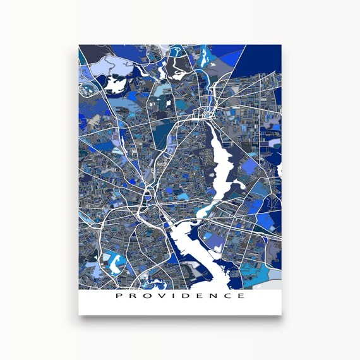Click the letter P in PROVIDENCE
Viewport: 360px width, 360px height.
118,296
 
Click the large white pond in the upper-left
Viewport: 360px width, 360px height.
116,83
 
